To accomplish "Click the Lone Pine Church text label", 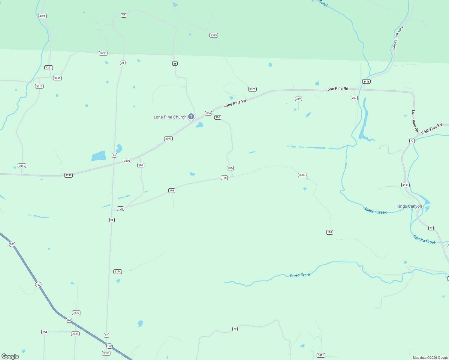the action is point(170,117).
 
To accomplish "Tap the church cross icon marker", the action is point(191,116).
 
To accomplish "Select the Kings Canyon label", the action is point(409,206).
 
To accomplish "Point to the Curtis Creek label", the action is point(300,275).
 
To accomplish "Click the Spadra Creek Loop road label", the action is point(398,39).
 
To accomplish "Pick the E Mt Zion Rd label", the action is point(432,129).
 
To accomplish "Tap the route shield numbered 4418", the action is point(366,82).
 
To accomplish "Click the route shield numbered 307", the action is point(354,98).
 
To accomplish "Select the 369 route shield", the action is point(298,99).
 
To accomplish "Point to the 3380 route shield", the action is point(302,175).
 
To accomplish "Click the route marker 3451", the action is point(405,185).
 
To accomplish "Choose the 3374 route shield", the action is point(118,271).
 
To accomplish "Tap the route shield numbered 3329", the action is point(76,313).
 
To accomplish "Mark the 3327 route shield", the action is point(75,334).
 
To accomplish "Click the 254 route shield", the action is point(45,332).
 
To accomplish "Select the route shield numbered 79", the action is point(235,329).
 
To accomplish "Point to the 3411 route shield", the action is point(321,355).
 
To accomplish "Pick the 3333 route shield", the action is point(106,353).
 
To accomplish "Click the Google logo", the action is point(10,356).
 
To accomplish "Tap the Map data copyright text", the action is point(430,358).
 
